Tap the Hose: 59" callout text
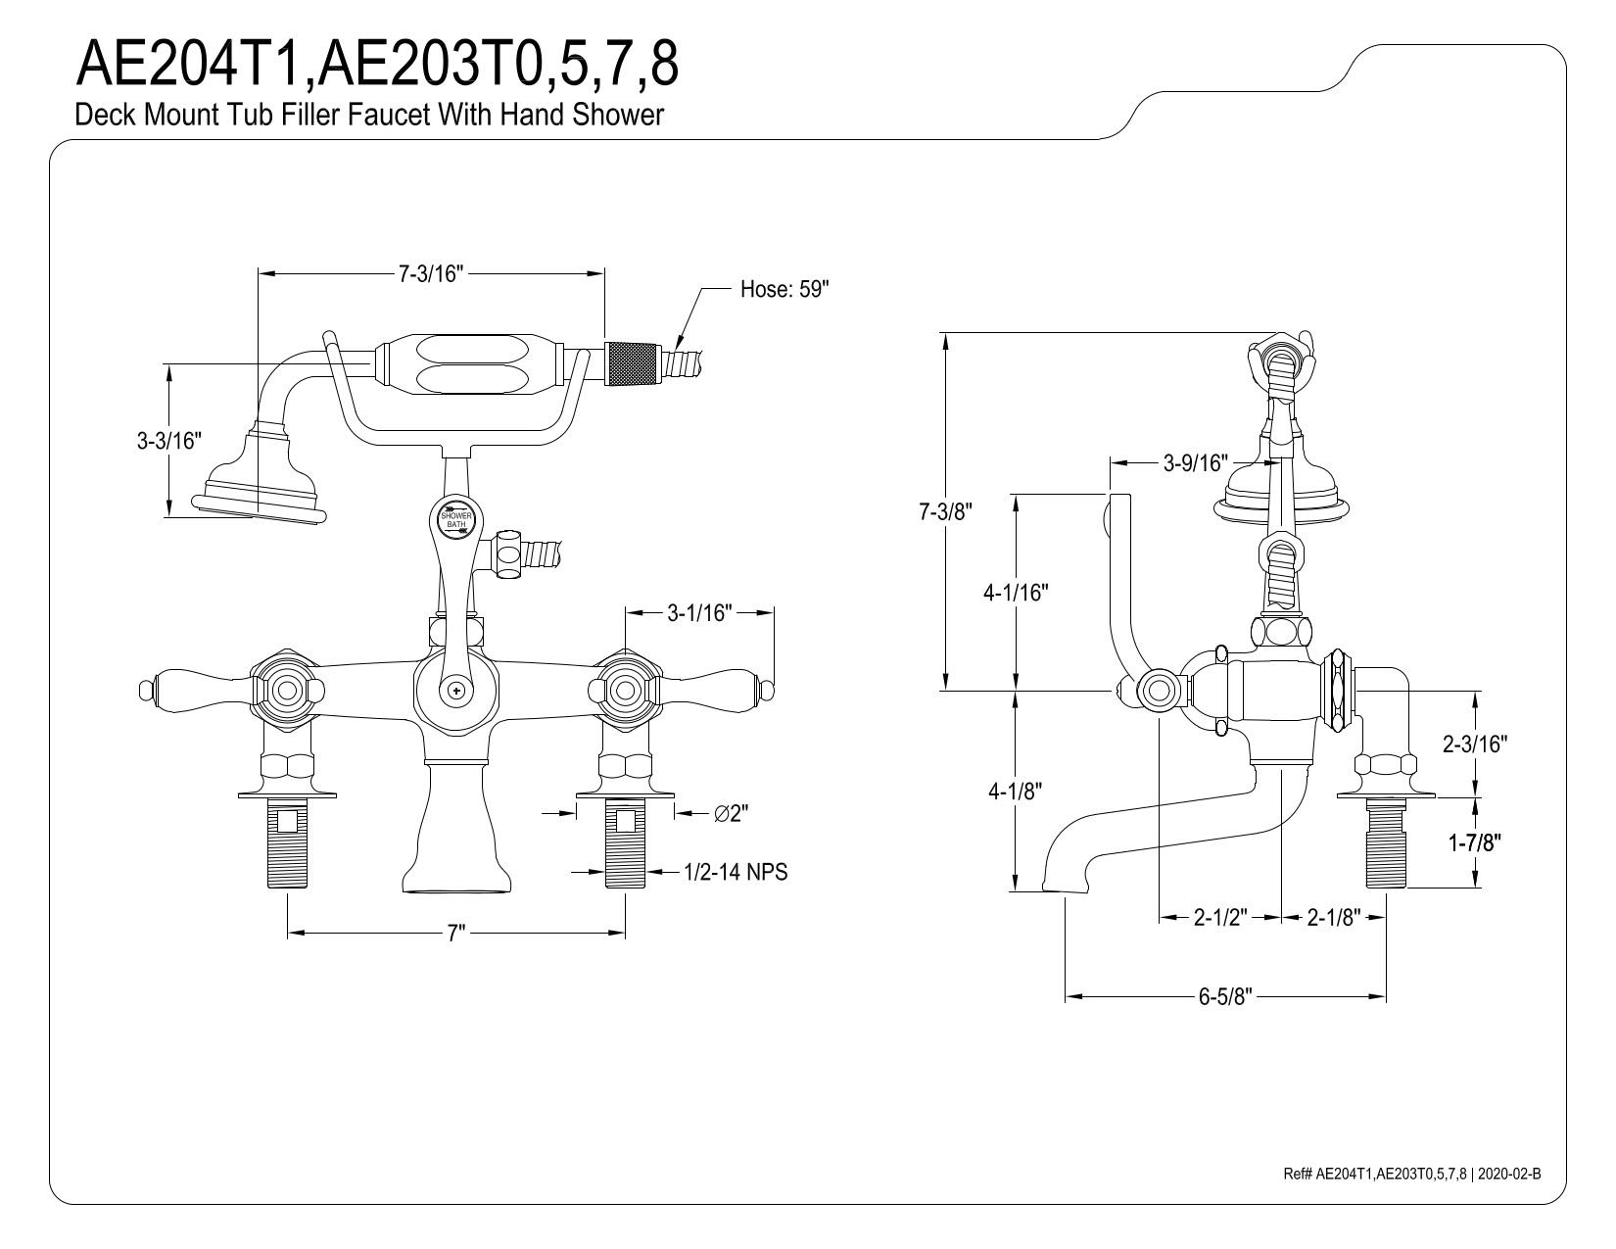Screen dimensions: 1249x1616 click(784, 289)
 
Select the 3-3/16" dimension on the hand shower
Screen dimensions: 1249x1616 click(168, 441)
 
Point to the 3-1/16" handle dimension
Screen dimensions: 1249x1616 click(699, 613)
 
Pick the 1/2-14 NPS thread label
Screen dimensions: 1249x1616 click(735, 871)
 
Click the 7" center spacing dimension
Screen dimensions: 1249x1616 click(454, 934)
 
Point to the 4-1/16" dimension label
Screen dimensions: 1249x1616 click(1016, 593)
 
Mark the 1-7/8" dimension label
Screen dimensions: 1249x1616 click(1475, 841)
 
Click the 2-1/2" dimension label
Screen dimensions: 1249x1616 click(1219, 918)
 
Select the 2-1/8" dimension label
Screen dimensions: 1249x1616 click(1333, 918)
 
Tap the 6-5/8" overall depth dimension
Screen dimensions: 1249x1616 click(1225, 997)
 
